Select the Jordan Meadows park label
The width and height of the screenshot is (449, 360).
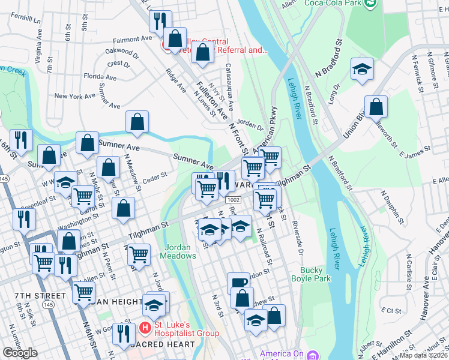[178, 251]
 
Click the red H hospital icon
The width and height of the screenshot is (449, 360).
[145, 328]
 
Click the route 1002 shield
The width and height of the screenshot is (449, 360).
[233, 199]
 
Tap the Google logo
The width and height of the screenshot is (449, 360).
[20, 353]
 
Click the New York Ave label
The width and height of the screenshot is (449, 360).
[74, 96]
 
